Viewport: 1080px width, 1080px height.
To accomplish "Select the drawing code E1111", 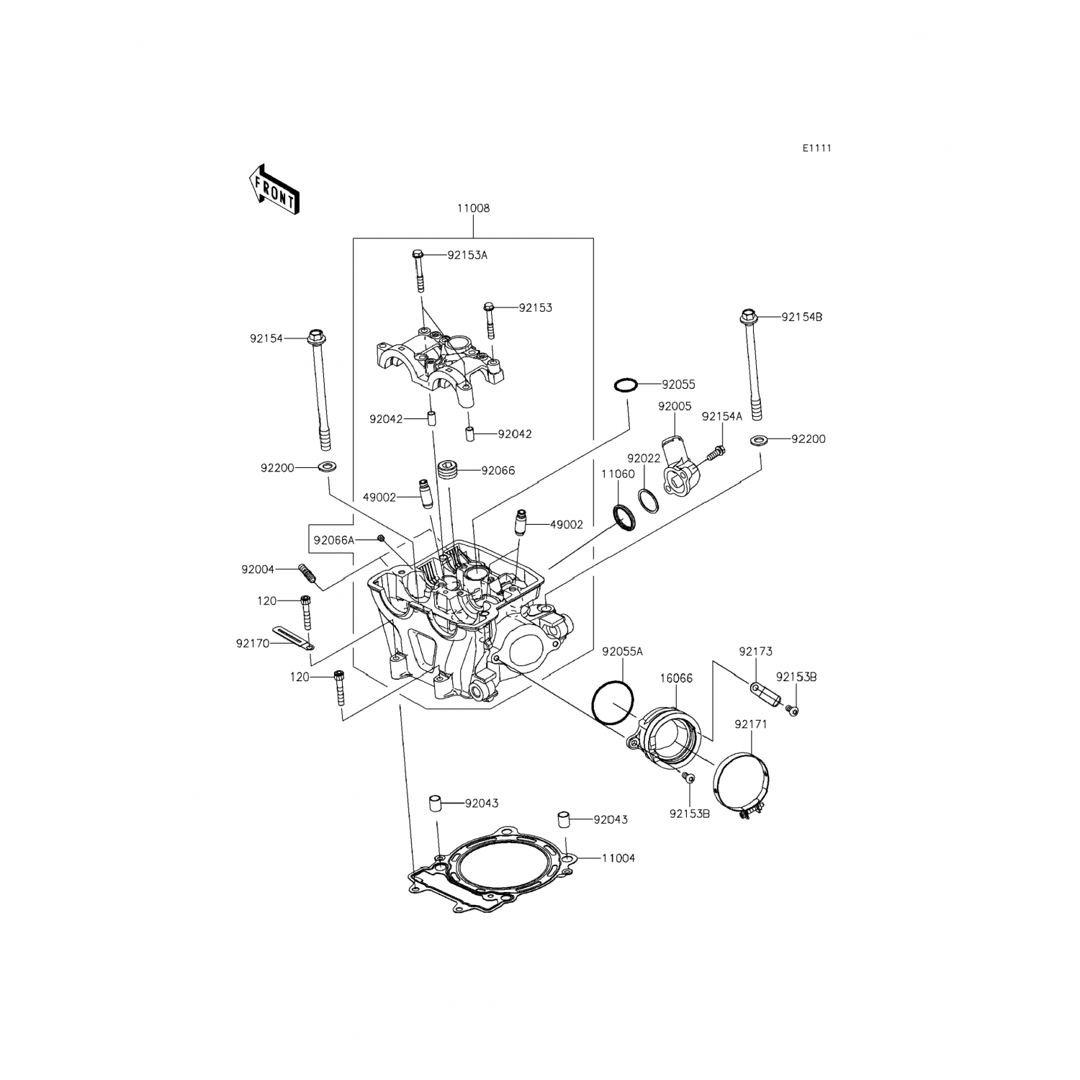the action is (817, 148).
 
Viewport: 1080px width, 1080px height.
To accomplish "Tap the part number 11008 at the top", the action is (473, 208).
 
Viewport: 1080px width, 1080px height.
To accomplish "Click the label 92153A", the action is (467, 255).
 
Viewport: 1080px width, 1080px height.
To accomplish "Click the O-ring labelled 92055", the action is (626, 386).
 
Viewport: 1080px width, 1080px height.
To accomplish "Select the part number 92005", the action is (675, 406).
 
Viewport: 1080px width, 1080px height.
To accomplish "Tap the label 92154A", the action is (721, 416).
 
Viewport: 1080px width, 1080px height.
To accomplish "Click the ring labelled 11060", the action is (624, 516).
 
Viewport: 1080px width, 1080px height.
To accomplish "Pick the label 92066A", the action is (334, 539).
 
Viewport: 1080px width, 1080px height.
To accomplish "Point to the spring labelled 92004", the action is (307, 573).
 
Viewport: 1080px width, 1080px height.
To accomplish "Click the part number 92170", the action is (253, 643).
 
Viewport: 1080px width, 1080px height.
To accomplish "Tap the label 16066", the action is (676, 678).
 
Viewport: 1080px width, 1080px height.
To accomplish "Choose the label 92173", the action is (755, 652).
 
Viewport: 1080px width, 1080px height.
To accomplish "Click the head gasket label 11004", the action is (618, 858).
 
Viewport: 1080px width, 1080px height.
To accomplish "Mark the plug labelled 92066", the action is (449, 470).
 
